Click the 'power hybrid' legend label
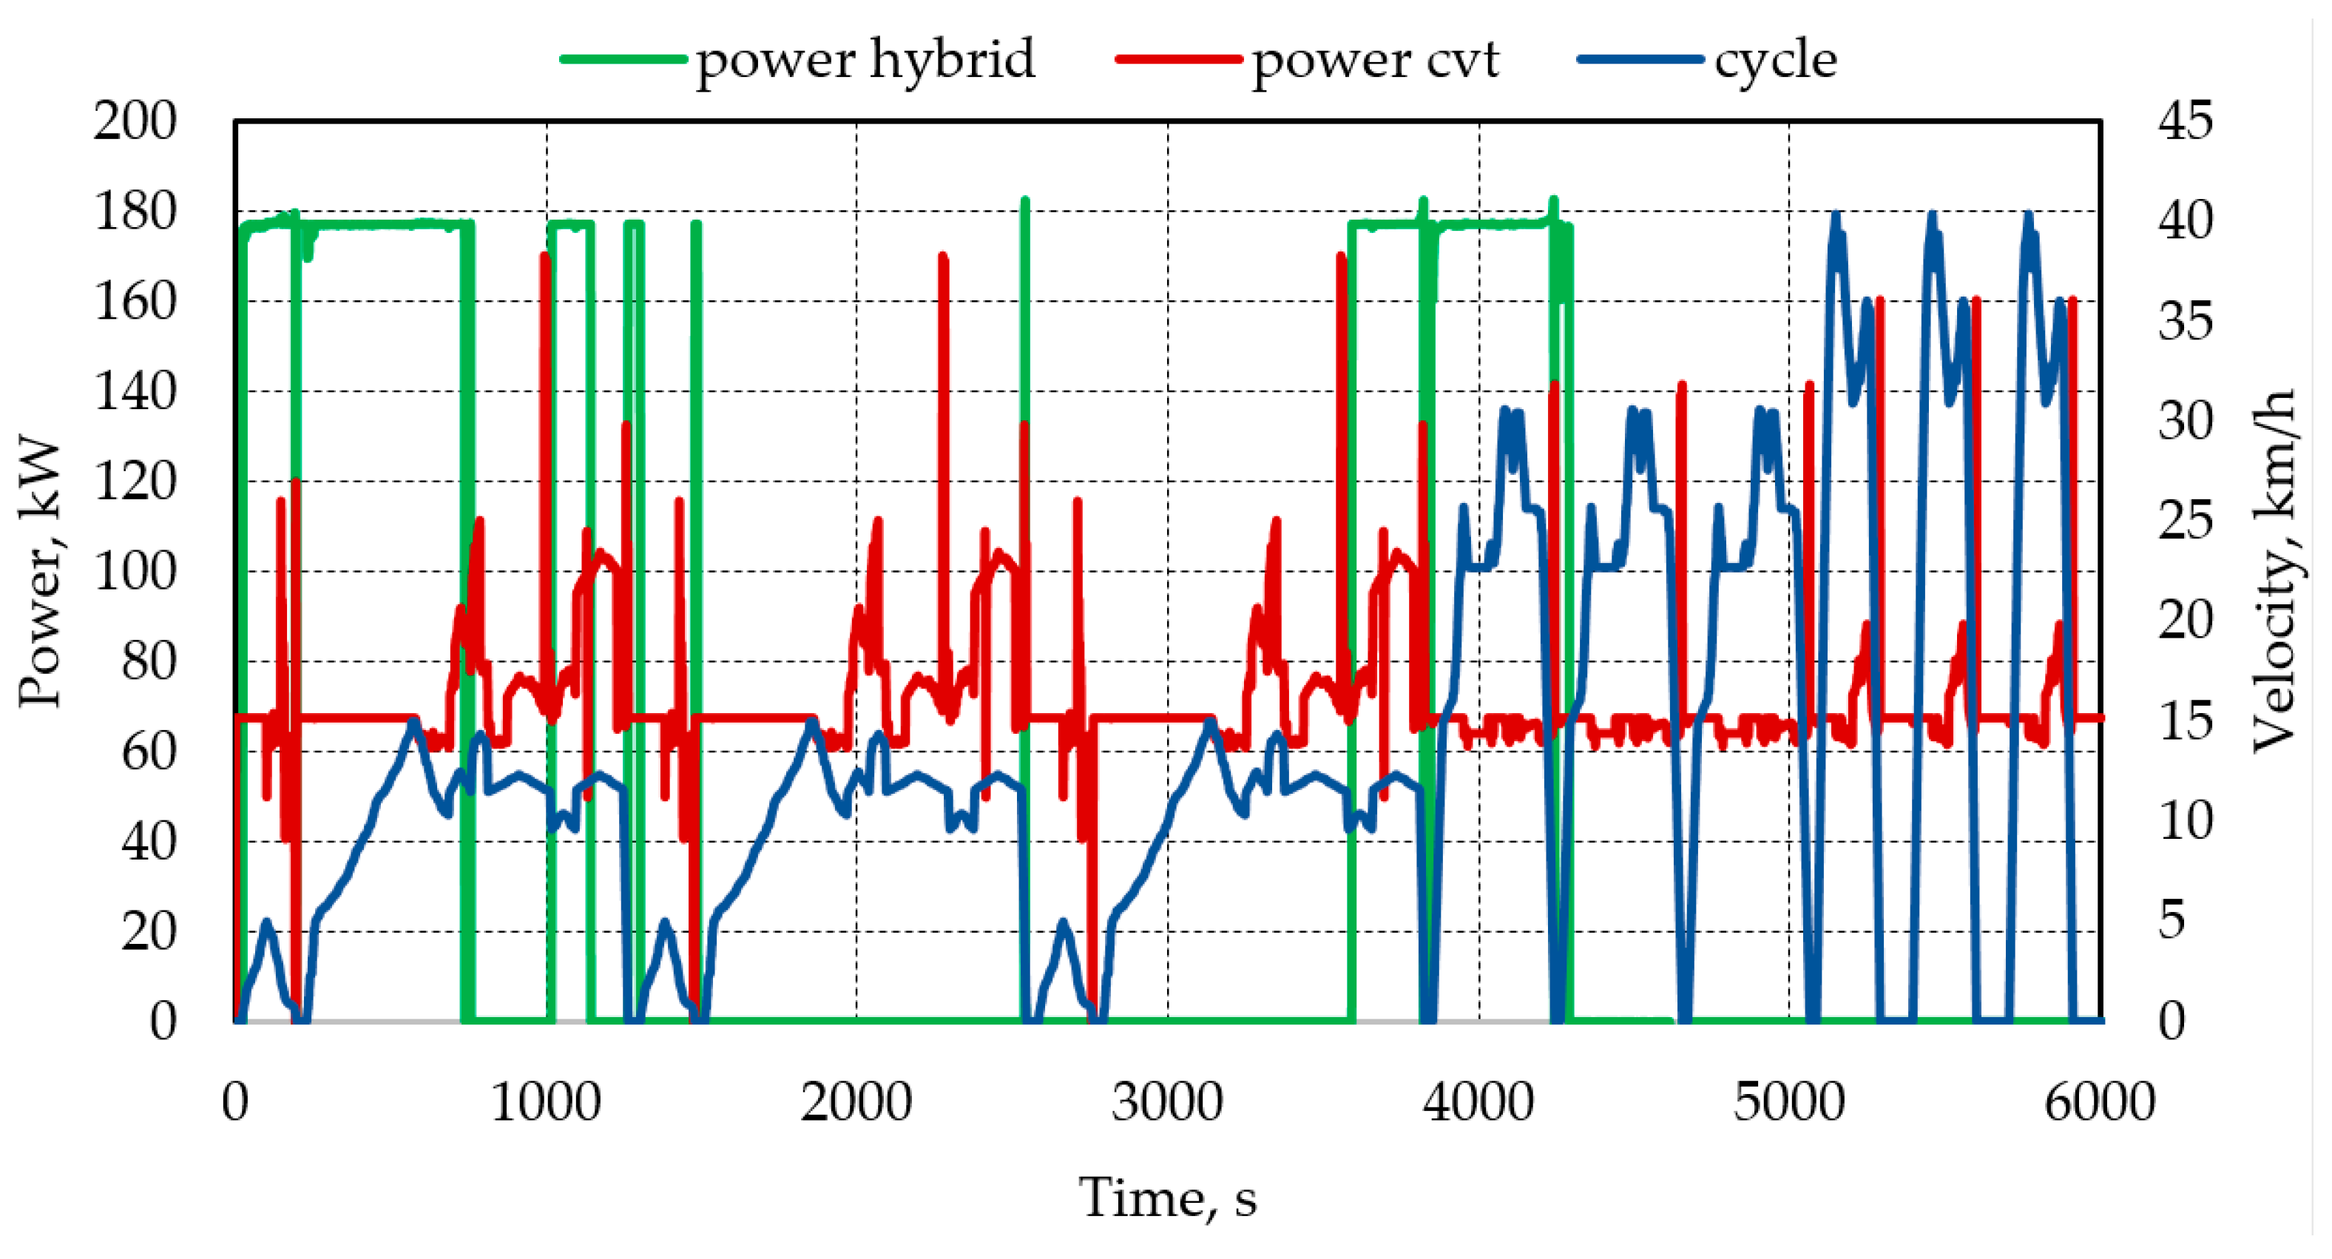tap(865, 60)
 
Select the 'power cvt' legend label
tap(1375, 60)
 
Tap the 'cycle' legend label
tap(1775, 60)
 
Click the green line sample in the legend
tap(623, 60)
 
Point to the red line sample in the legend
tap(1179, 60)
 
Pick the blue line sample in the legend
tap(1640, 60)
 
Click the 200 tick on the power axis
tap(135, 121)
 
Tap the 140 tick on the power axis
tap(135, 391)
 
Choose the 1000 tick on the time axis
tap(546, 1102)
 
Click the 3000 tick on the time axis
tap(1168, 1102)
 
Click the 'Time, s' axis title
tap(1168, 1198)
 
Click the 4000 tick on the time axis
tap(1479, 1102)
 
